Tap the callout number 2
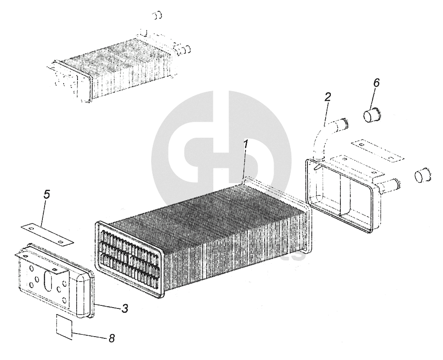click(x=327, y=97)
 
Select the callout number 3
click(x=124, y=308)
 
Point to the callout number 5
click(x=47, y=194)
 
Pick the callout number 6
click(x=376, y=82)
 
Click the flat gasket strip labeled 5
click(x=47, y=233)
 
